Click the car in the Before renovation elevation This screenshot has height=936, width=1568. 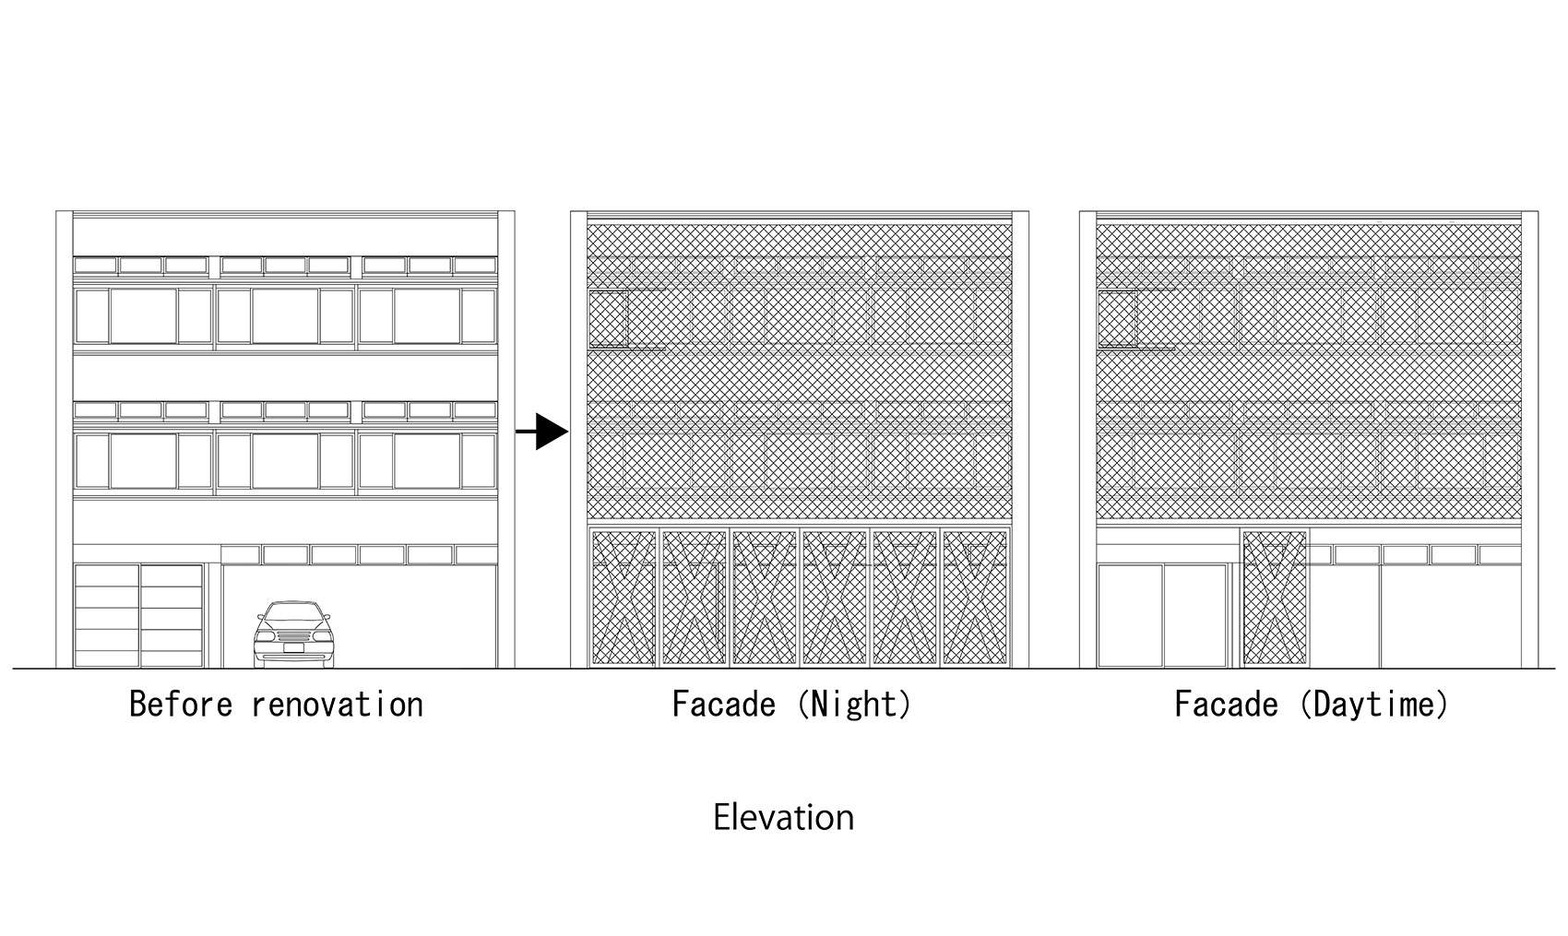point(294,634)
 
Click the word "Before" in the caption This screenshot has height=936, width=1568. point(183,705)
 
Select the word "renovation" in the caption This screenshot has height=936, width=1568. point(337,705)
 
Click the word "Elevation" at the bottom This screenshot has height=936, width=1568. point(783,818)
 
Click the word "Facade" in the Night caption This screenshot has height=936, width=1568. point(723,705)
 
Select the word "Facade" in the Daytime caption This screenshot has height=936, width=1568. point(1226,705)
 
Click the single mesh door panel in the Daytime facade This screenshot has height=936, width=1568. point(1275,598)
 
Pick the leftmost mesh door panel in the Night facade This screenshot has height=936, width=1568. point(623,598)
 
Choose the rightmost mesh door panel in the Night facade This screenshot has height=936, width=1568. point(974,598)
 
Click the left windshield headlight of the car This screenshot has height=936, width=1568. point(267,635)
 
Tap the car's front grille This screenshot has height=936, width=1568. point(294,635)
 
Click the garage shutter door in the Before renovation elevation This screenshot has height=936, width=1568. point(138,615)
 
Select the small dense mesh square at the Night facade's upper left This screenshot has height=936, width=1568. point(608,318)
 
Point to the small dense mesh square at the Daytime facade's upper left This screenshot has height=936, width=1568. point(1116,318)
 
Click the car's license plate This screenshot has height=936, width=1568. point(294,648)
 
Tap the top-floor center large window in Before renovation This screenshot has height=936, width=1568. point(285,316)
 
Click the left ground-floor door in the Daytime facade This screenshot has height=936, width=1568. point(1130,615)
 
